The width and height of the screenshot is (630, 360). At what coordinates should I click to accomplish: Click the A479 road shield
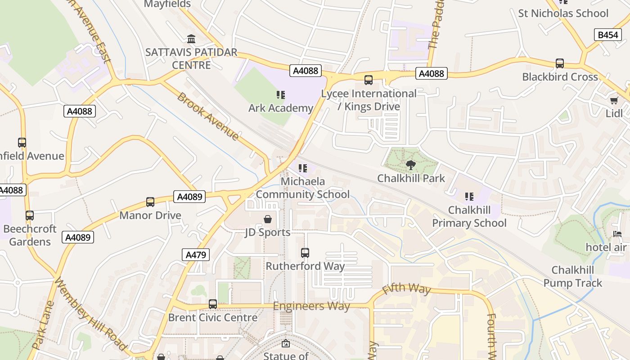pos(196,255)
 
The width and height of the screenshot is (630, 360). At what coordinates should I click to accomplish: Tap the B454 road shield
pos(607,35)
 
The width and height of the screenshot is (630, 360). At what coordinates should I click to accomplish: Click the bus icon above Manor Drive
pos(150,202)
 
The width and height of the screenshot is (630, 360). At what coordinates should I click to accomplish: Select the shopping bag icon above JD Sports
pos(268,219)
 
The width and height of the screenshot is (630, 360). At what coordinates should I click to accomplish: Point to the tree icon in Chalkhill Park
pos(410,165)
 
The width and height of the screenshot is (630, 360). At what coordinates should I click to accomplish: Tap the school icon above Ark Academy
pos(281,95)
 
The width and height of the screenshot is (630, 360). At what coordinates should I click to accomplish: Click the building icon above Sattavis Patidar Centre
pos(191,39)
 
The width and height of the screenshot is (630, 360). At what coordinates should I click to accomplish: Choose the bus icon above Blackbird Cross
pos(560,63)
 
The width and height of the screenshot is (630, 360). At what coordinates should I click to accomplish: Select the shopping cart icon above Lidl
pos(614,100)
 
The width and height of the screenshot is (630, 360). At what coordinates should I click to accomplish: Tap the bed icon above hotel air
pos(617,234)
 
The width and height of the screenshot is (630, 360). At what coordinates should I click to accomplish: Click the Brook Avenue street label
pos(207,116)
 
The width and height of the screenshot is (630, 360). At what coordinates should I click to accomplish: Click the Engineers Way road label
pos(311,306)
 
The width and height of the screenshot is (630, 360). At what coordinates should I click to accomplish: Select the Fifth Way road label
pos(406,289)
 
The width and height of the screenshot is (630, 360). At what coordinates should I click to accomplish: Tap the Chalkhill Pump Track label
pos(572,276)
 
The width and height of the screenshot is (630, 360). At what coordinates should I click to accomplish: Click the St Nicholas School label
pos(563,13)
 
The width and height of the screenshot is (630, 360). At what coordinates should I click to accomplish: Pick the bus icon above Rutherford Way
pos(305,253)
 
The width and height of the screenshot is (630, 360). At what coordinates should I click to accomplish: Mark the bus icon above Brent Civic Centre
pos(213,304)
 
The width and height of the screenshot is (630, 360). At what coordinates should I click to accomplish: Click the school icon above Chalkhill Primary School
pos(469,197)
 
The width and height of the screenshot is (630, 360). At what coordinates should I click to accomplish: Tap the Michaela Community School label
pos(302,188)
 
